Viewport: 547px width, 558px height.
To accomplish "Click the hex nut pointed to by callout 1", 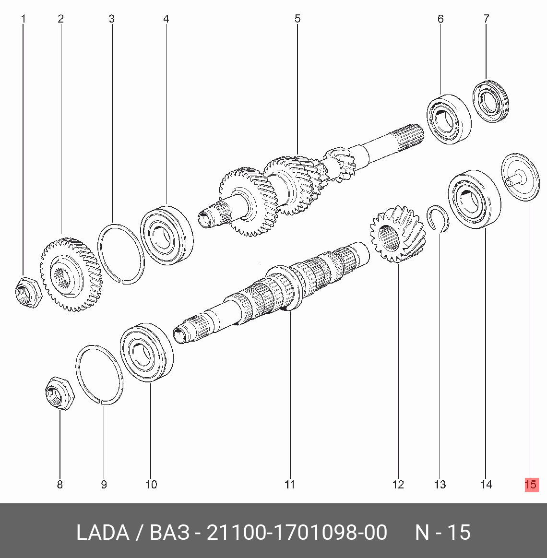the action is pos(29,292).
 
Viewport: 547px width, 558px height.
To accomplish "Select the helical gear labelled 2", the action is pos(71,274).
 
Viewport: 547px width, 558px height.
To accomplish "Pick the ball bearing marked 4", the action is pos(166,235).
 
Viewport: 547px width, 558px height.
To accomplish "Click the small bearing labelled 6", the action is pos(449,119).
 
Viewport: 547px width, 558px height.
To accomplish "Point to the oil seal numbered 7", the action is pos(490,101).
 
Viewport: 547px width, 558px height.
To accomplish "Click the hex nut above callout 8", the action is pos(60,393).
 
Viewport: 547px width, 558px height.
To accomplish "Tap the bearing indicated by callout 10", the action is pos(147,352).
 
